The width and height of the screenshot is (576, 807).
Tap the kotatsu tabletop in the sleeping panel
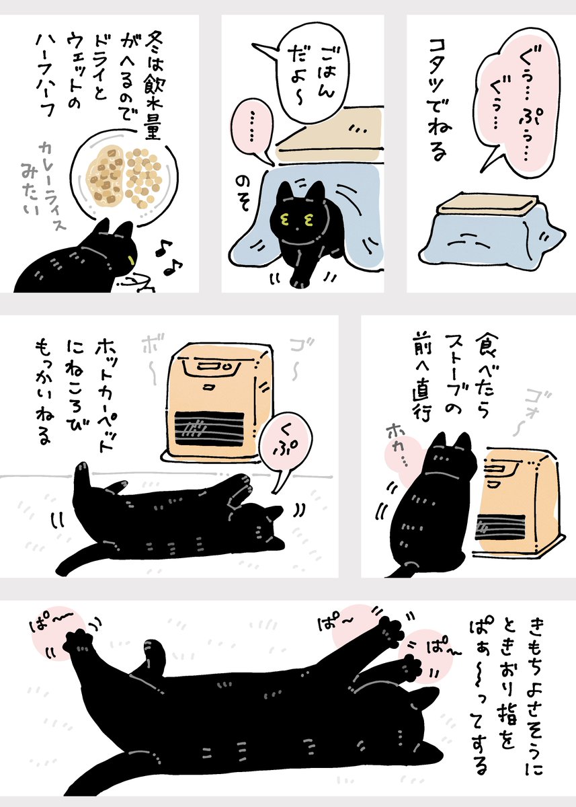pyautogui.click(x=488, y=202)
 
